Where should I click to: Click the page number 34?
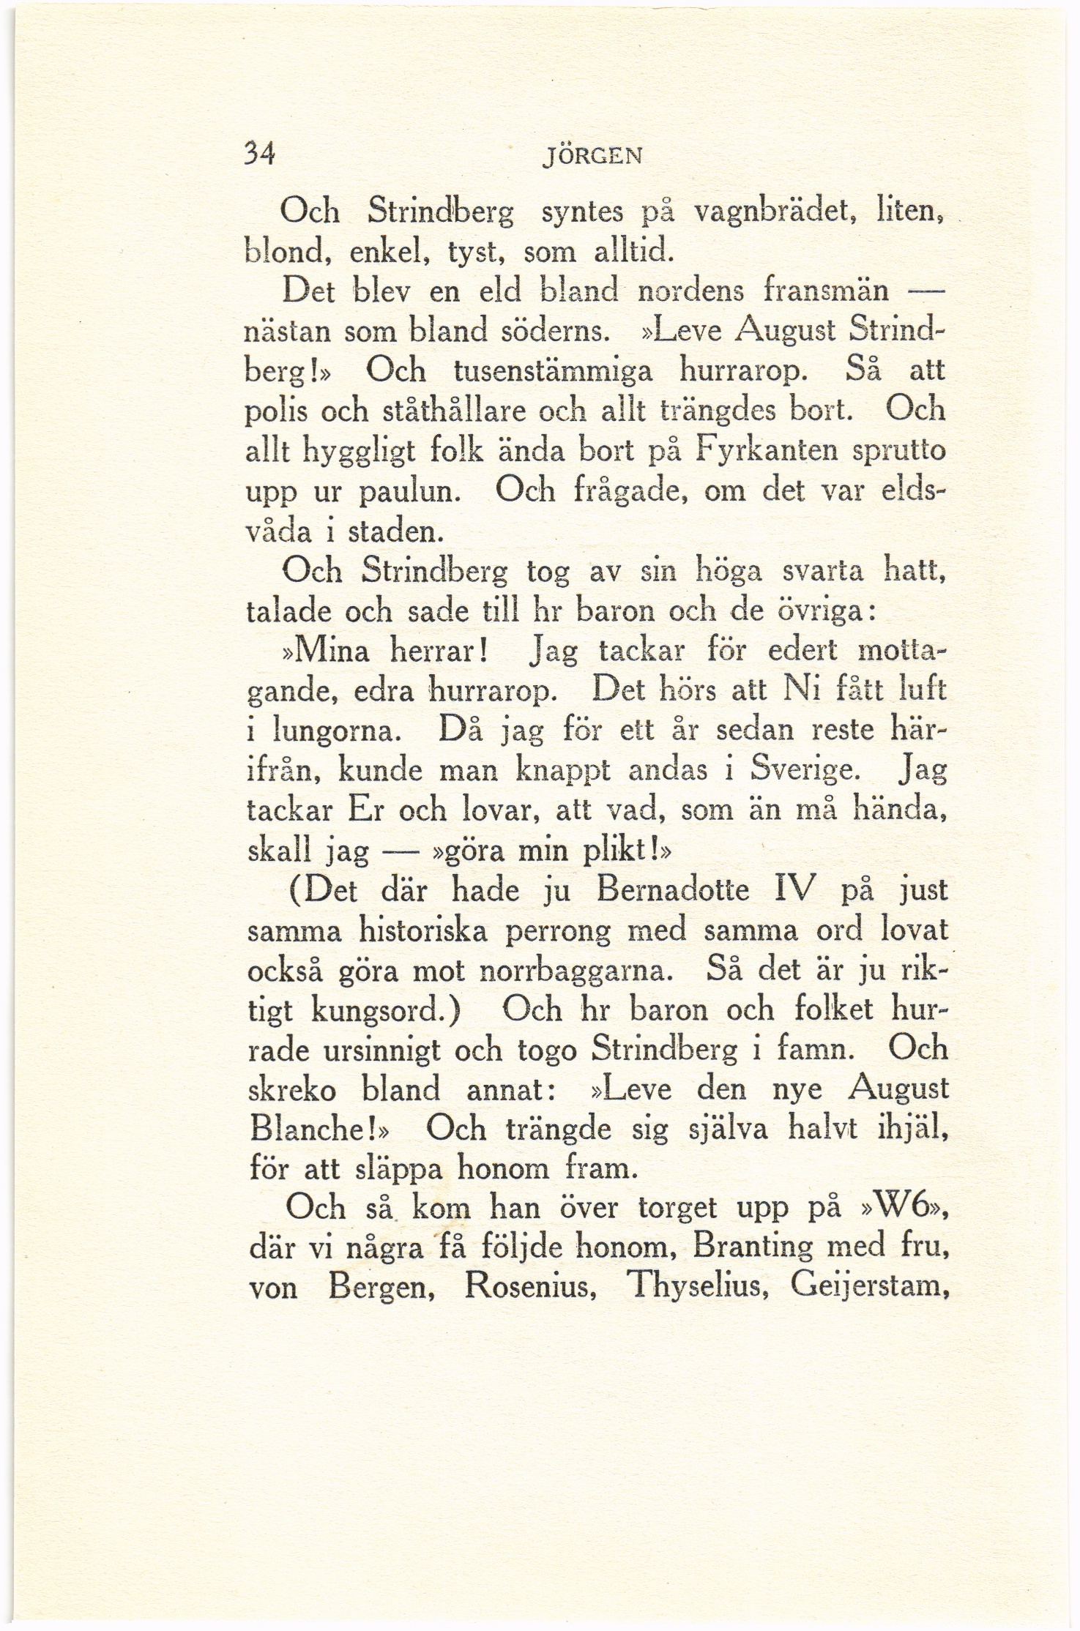point(259,154)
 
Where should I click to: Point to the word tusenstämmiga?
point(552,372)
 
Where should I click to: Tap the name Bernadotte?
point(672,890)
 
